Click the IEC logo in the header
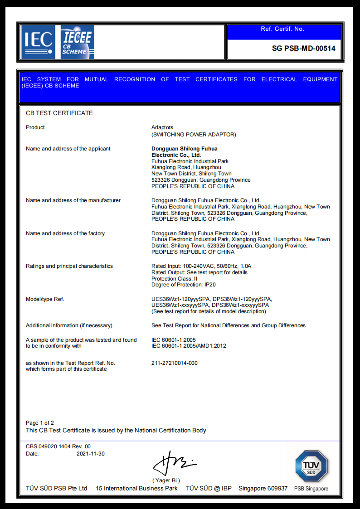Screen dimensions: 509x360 (x=38, y=42)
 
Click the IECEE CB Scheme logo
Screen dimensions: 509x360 (x=77, y=42)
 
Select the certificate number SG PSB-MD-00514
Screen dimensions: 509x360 (x=303, y=48)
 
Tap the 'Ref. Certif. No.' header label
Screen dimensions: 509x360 (x=282, y=29)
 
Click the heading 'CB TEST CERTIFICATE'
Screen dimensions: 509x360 (x=59, y=113)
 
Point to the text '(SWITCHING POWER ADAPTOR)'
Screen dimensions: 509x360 (x=194, y=135)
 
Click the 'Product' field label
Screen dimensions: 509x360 (x=35, y=127)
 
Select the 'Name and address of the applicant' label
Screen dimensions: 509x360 (x=68, y=149)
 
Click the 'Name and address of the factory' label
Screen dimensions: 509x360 (x=65, y=233)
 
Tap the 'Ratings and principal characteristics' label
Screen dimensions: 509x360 (x=69, y=266)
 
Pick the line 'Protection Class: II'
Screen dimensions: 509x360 (x=175, y=279)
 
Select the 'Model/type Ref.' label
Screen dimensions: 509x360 (x=45, y=299)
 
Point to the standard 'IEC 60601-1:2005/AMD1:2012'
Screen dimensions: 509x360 (x=189, y=346)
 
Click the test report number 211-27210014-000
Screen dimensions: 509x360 (x=175, y=363)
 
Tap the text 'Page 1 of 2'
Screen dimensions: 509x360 (x=40, y=423)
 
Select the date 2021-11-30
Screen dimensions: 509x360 (x=91, y=454)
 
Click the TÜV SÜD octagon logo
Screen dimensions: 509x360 (x=311, y=466)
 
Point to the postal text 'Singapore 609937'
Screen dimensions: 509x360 (x=263, y=488)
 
